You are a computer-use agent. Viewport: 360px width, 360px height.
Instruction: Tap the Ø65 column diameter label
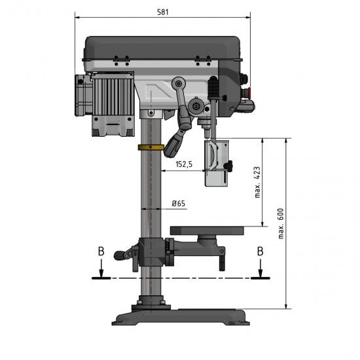(179, 204)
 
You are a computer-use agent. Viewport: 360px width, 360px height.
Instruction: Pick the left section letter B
(99, 252)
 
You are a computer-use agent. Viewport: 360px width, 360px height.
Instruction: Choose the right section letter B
(260, 251)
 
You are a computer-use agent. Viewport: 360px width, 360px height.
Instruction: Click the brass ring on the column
(151, 147)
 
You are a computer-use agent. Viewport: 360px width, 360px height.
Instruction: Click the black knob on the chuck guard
(230, 166)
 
